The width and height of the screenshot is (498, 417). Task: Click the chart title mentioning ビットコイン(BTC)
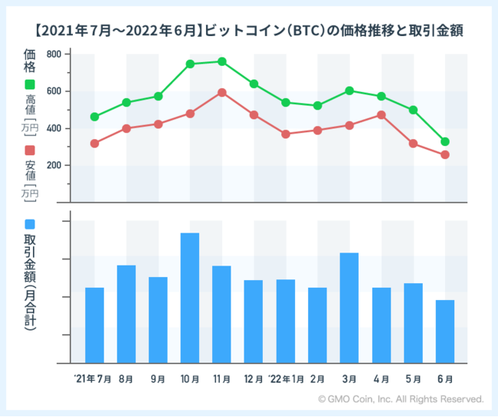[x=248, y=31]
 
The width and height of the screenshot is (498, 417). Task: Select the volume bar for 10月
[x=190, y=298]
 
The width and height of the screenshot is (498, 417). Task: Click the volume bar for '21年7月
[x=94, y=325]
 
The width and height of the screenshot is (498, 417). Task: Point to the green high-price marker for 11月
[x=221, y=61]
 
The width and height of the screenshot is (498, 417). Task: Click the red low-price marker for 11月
[x=221, y=93]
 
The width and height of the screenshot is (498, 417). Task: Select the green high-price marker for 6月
[x=445, y=142]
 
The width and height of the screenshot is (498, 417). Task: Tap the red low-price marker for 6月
[x=445, y=155]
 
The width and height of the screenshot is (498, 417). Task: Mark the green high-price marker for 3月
[x=349, y=90]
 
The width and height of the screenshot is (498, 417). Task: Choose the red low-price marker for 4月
[x=382, y=115]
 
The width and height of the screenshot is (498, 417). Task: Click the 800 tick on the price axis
[x=54, y=54]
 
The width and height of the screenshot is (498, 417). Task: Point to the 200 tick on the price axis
[x=54, y=165]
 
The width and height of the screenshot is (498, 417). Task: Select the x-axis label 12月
[x=253, y=379]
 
